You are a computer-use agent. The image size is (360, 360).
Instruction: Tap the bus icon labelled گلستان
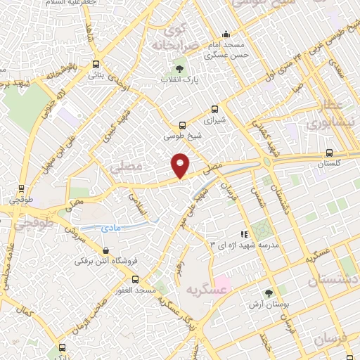click(329, 153)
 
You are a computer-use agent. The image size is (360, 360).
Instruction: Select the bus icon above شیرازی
click(215, 109)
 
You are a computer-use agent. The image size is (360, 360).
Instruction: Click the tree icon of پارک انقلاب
click(179, 69)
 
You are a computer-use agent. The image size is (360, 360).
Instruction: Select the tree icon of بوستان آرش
click(267, 292)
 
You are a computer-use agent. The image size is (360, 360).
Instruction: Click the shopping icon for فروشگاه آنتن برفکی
click(105, 250)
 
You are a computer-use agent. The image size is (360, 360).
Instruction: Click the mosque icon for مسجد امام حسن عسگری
click(225, 33)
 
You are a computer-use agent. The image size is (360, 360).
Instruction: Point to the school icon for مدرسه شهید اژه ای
click(244, 233)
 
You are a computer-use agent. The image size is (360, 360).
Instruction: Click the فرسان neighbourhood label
click(327, 339)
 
